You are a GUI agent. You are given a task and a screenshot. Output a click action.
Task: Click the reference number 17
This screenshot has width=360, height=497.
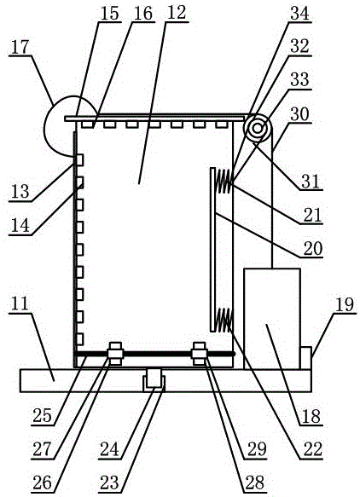pos(20,48)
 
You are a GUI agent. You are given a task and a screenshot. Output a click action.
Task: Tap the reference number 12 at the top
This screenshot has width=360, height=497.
pos(177,14)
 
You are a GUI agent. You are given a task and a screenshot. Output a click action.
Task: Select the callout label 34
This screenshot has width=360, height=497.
pos(299,14)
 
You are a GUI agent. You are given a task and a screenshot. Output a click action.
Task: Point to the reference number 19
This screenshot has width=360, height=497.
pos(345,304)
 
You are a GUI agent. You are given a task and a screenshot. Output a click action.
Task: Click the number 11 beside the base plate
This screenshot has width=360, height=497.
pos(20,304)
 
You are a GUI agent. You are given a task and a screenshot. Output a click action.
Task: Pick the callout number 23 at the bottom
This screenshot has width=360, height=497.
pos(109,483)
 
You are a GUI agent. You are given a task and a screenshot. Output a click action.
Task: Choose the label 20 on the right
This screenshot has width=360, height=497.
pos(313,249)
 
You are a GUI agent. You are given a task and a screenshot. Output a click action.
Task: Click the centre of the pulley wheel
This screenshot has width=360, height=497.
pos(258,129)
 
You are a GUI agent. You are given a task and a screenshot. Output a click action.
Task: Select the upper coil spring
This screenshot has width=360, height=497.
pos(224,181)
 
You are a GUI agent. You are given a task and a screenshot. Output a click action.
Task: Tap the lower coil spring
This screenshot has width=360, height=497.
pos(224,321)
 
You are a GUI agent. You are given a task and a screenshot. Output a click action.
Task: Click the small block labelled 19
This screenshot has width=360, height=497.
pos(305,358)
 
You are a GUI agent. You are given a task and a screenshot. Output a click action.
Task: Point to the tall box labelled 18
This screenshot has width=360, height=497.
pos(272,319)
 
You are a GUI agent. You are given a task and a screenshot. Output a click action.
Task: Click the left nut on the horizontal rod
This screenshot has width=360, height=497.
pos(115,354)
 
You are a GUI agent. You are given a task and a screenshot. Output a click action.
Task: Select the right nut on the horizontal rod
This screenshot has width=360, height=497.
pos(200,354)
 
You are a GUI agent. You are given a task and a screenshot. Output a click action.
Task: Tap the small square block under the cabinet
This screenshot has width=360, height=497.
pos(154,378)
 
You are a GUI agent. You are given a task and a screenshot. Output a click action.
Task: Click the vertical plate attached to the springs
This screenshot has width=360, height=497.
pos(212,250)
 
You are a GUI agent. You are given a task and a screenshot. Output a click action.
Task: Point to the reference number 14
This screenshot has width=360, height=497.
pos(20,225)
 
